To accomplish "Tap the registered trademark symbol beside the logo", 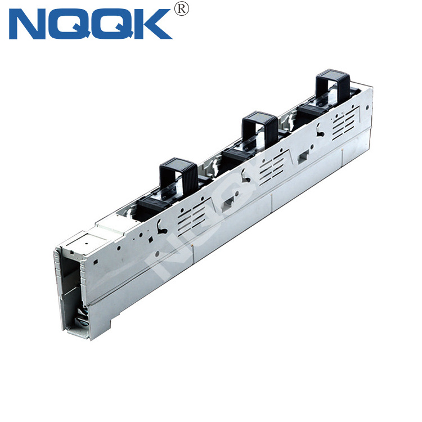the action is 181,9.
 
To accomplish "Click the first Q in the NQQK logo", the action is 69,24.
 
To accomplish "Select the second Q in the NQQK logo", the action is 112,24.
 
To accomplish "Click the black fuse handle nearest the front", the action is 178,175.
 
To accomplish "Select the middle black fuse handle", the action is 260,129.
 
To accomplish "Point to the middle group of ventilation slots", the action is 272,168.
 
